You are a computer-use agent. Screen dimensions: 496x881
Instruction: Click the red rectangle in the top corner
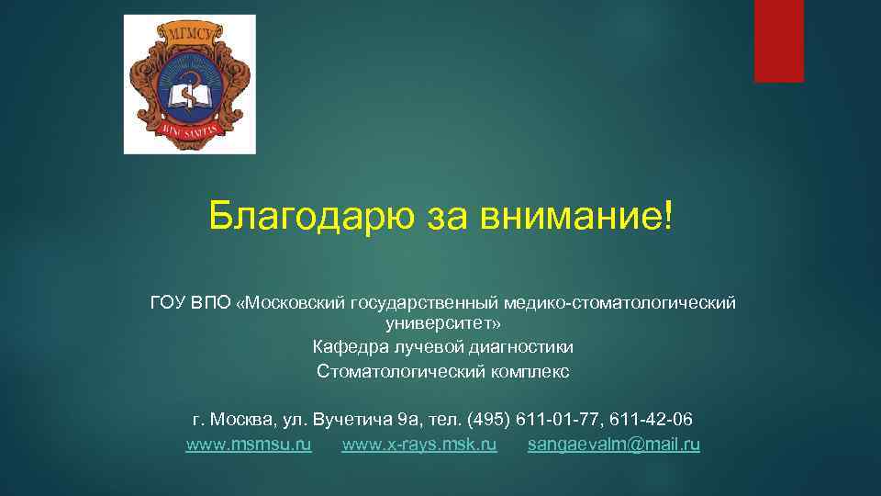778,41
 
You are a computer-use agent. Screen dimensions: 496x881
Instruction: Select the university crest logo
190,85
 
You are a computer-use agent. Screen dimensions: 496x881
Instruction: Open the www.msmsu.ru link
249,445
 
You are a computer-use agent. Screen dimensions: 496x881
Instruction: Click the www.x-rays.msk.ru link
419,445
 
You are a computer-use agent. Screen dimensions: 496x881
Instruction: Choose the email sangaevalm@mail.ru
614,445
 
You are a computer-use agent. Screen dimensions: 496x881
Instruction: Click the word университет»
443,323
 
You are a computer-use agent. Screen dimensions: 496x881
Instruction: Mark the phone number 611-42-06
653,420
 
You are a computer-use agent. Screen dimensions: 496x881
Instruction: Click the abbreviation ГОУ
169,301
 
